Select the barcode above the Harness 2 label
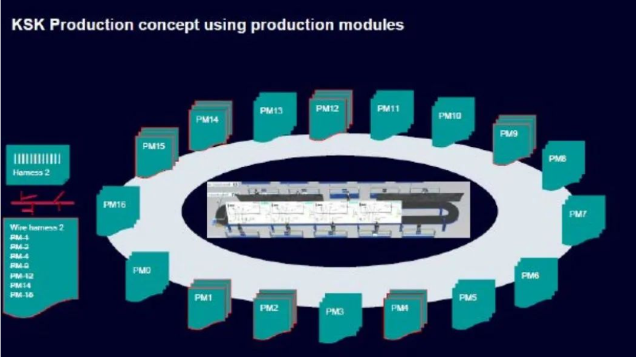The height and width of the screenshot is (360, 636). [x=38, y=159]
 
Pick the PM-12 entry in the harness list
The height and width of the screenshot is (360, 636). [x=22, y=275]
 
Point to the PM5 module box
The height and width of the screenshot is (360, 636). [x=472, y=302]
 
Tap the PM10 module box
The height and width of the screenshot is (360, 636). [x=452, y=120]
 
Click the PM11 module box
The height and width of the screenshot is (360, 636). [x=391, y=113]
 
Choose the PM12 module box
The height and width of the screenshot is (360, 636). [x=329, y=114]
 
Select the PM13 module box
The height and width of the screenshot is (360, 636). [x=274, y=116]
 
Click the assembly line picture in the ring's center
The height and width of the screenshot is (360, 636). [x=338, y=209]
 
